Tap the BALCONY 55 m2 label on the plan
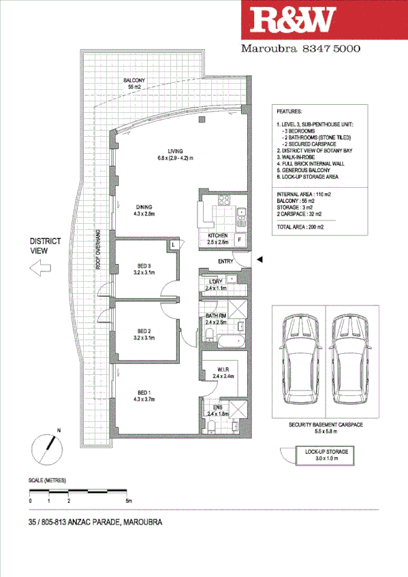click(x=134, y=84)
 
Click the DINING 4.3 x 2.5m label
click(x=143, y=211)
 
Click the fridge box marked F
click(x=240, y=240)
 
